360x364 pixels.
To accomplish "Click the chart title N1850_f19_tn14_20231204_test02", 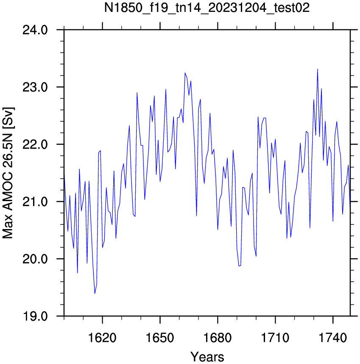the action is [207, 8].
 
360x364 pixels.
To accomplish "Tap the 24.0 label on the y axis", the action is [35, 30].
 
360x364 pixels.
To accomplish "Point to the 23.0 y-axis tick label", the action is [35, 87].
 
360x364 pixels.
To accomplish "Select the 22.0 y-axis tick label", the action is [35, 144].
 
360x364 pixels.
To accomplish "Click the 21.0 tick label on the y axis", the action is [35, 202].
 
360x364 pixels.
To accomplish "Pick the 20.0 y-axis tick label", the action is [35, 259].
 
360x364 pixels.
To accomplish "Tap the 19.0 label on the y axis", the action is [35, 316].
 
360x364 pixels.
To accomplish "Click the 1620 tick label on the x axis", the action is [102, 338].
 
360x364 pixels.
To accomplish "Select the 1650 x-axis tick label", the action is [160, 338].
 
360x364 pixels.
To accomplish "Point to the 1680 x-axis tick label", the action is [218, 338].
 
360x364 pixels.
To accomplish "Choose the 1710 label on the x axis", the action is [275, 338].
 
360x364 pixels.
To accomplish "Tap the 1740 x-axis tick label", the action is [333, 338].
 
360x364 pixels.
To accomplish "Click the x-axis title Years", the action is [207, 357].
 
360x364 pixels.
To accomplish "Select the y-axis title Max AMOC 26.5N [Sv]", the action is [8, 173].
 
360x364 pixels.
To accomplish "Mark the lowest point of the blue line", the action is [95, 294].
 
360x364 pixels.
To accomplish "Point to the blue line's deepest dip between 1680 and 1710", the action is [239, 266].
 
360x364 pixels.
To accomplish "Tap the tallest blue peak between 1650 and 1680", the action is [185, 73].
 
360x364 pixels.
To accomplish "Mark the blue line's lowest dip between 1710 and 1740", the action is [287, 238].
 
